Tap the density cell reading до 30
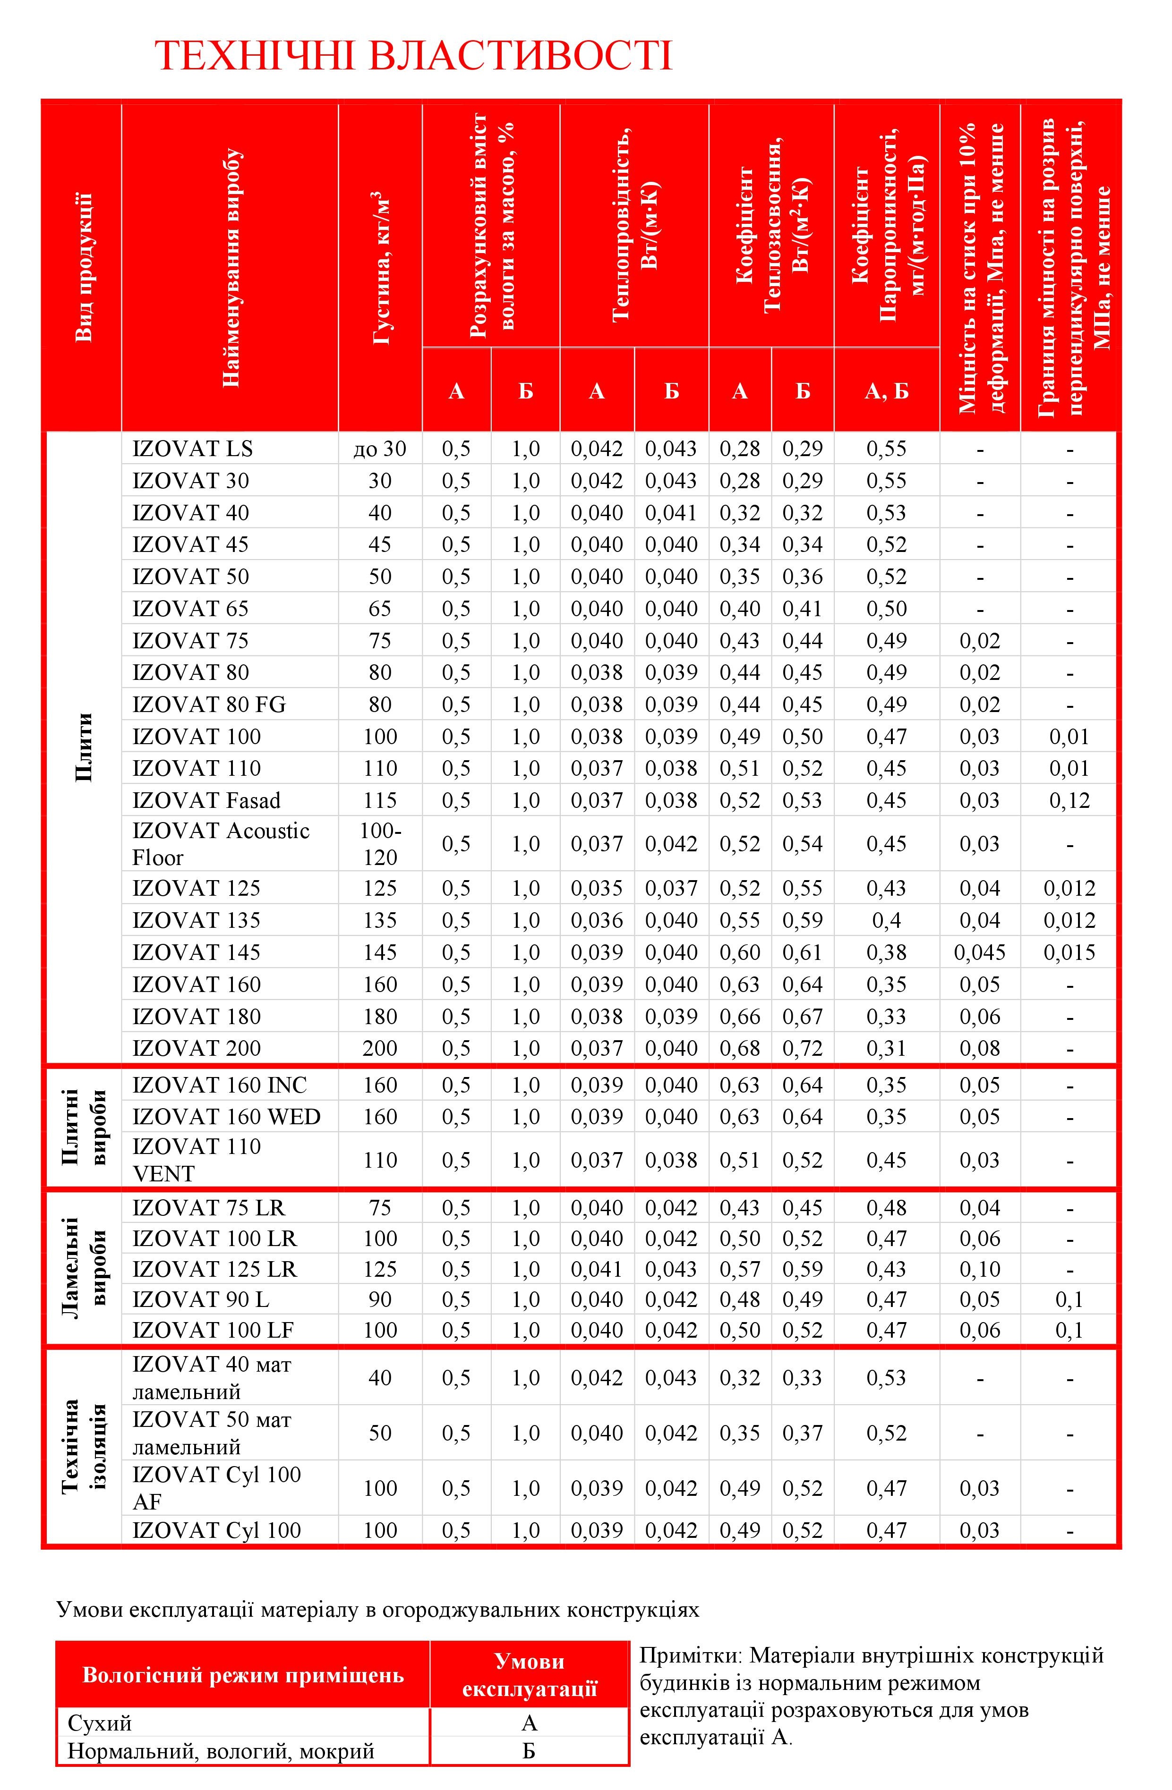tap(380, 449)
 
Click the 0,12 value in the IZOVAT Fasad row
tap(1069, 800)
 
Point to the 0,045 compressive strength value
tap(979, 952)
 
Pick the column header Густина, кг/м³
tap(381, 267)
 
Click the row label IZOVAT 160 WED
tap(226, 1117)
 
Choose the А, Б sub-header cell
tap(887, 390)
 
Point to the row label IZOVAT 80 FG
tap(209, 705)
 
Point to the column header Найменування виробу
tap(231, 267)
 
